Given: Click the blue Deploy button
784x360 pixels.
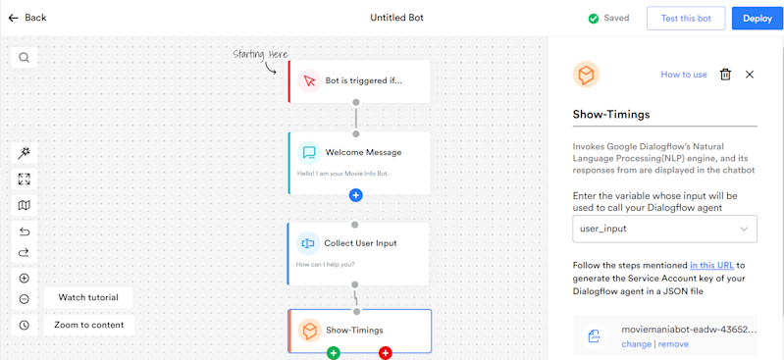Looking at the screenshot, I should point(757,18).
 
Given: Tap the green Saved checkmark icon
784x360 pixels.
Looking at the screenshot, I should point(593,18).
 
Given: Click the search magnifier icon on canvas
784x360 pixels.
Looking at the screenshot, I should point(24,57).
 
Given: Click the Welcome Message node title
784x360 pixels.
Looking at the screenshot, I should point(363,152).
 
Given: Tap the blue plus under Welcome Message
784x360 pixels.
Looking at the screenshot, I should point(355,195).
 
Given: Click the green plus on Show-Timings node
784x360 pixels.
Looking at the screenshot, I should point(333,352).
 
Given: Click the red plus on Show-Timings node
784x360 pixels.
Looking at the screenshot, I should point(385,352).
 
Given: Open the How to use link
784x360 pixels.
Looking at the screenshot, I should point(683,75).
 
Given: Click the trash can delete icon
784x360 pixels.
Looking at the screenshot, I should point(725,75).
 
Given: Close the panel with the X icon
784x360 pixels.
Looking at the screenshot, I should point(750,75).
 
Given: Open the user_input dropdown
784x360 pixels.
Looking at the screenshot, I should point(664,229).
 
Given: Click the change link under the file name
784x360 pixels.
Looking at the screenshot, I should point(636,344).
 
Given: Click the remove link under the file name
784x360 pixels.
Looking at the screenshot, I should point(673,344).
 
